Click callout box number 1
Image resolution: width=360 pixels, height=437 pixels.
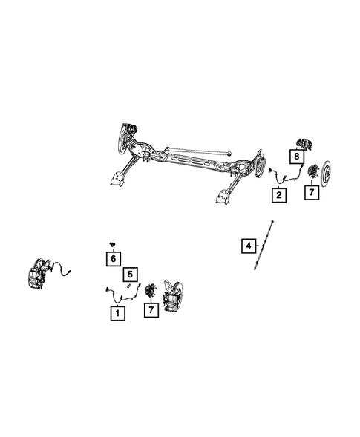117,314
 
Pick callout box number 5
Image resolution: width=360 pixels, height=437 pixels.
130,274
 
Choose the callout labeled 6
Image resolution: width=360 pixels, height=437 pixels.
112,258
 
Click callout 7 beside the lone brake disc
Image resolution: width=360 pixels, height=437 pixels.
312,193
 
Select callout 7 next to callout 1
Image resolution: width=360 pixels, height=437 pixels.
151,310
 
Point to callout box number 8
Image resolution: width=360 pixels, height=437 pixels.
296,157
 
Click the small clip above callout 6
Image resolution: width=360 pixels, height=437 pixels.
112,244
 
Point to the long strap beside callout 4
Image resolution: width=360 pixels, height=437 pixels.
264,246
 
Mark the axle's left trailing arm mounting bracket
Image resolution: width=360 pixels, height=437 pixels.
117,177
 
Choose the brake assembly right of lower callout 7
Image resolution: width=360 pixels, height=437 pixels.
171,297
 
